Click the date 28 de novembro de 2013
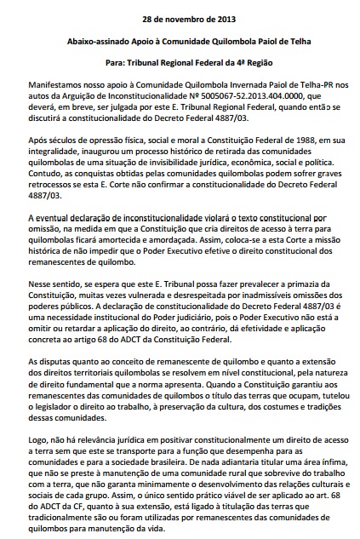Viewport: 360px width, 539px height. pos(180,18)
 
